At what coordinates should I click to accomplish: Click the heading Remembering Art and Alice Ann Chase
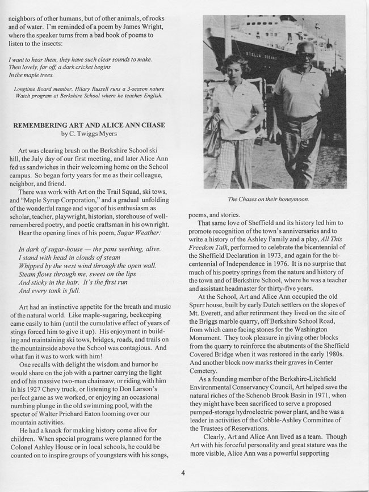tap(95, 125)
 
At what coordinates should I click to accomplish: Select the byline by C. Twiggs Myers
tap(95, 134)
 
